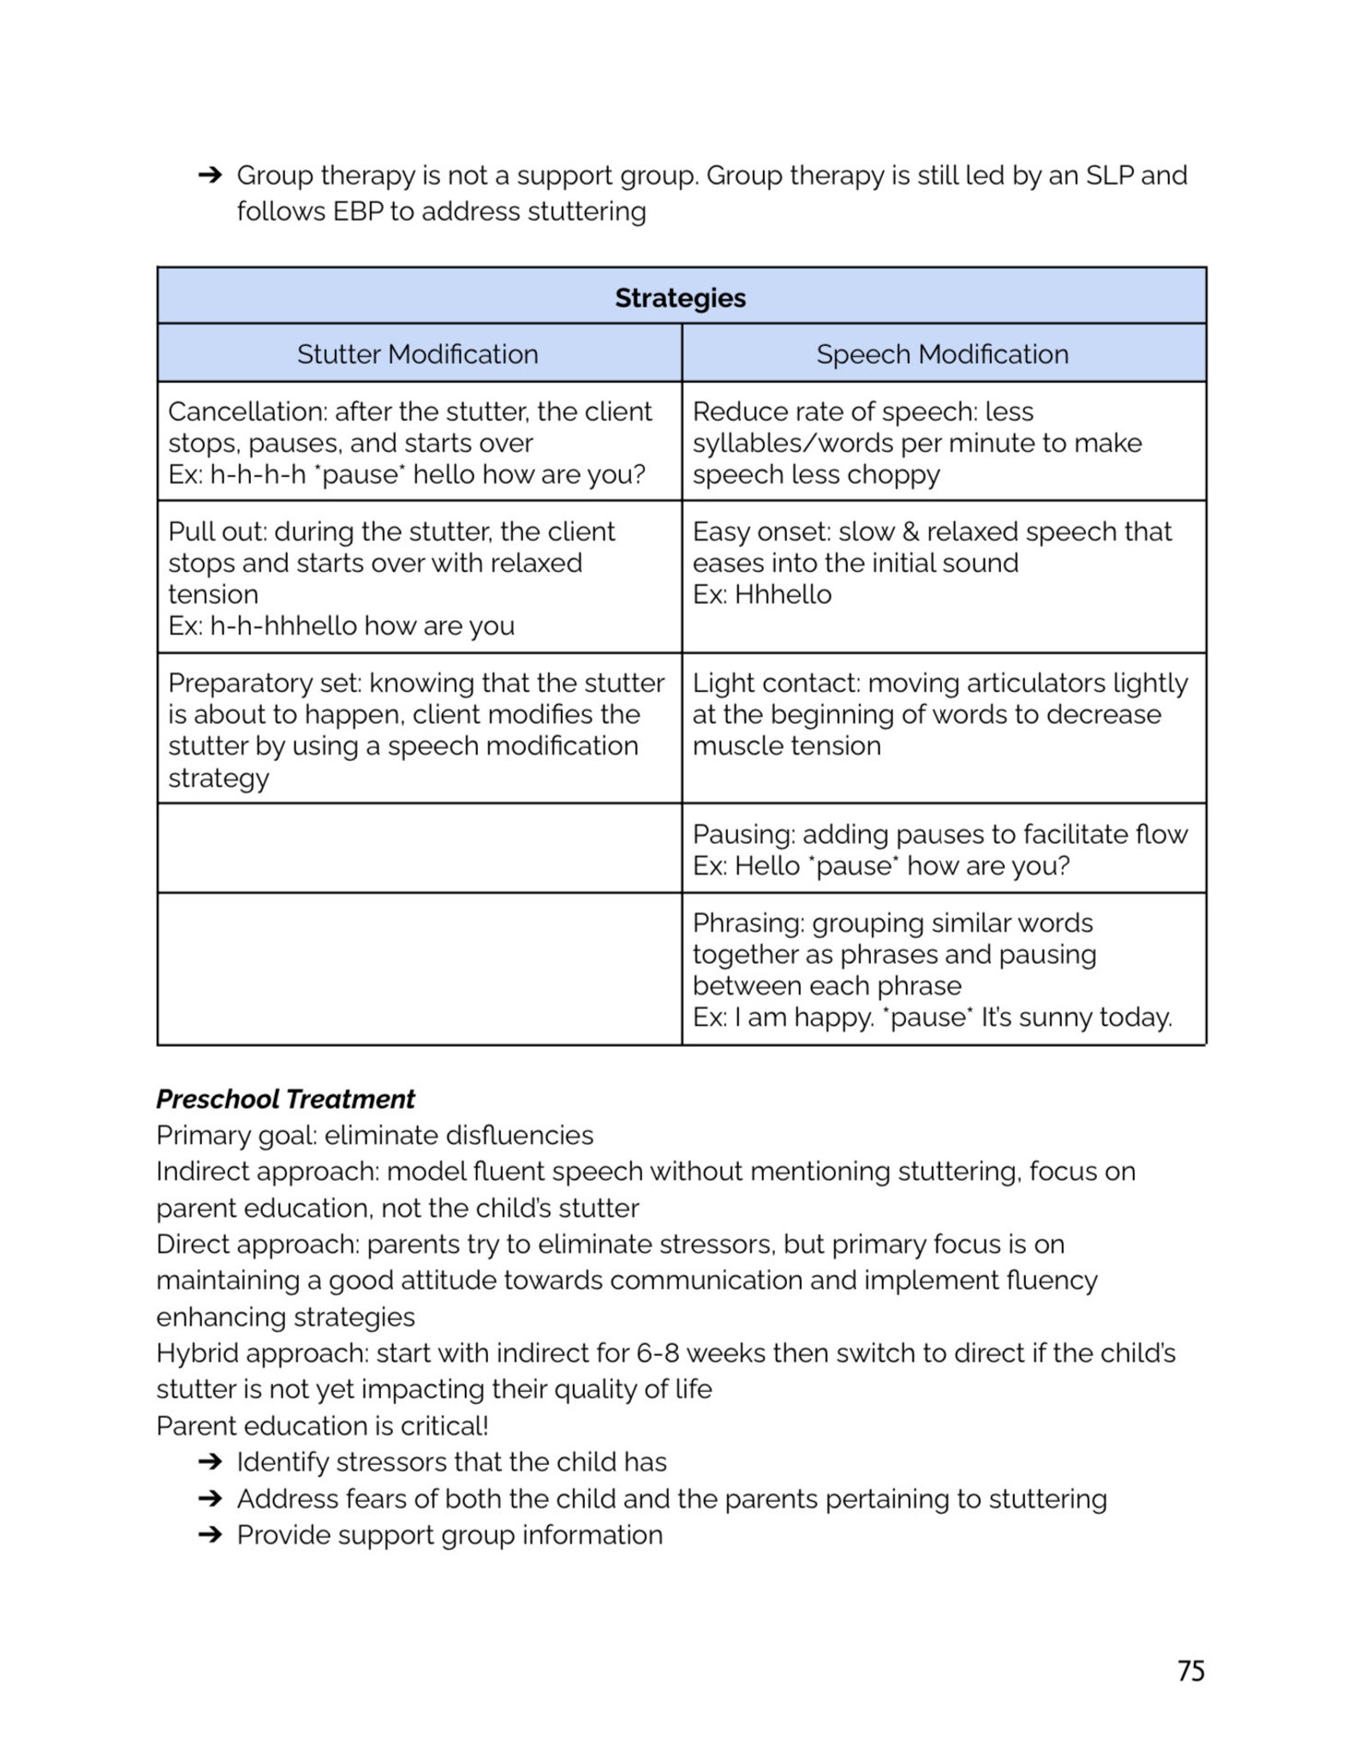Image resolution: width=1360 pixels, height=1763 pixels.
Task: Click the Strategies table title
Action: click(x=680, y=297)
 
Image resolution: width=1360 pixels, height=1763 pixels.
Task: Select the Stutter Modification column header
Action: click(x=417, y=354)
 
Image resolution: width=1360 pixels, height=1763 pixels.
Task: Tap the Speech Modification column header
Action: click(x=942, y=354)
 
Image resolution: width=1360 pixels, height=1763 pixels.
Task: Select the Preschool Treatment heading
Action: click(x=285, y=1098)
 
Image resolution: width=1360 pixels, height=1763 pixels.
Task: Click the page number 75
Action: click(x=1190, y=1670)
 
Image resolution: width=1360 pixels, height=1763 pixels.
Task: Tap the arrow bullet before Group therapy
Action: click(x=209, y=176)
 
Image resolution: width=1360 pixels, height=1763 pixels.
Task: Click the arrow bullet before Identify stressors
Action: click(x=209, y=1461)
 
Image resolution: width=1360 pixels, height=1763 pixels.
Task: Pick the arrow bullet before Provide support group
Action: click(x=209, y=1534)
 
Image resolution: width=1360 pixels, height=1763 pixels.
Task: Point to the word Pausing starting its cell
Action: click(x=742, y=834)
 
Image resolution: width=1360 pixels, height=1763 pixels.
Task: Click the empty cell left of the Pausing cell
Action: click(x=419, y=848)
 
